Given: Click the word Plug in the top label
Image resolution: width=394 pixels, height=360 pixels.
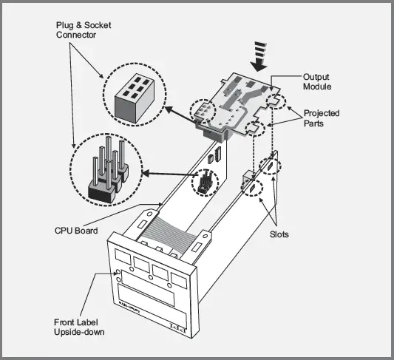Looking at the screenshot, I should (67, 24).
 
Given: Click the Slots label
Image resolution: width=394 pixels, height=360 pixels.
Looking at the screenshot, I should (279, 234).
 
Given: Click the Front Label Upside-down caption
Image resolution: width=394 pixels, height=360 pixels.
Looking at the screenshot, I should (79, 327).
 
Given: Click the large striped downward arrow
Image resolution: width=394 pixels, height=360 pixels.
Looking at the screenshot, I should (259, 55).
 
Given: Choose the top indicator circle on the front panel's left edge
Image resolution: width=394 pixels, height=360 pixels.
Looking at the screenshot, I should (119, 272).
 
